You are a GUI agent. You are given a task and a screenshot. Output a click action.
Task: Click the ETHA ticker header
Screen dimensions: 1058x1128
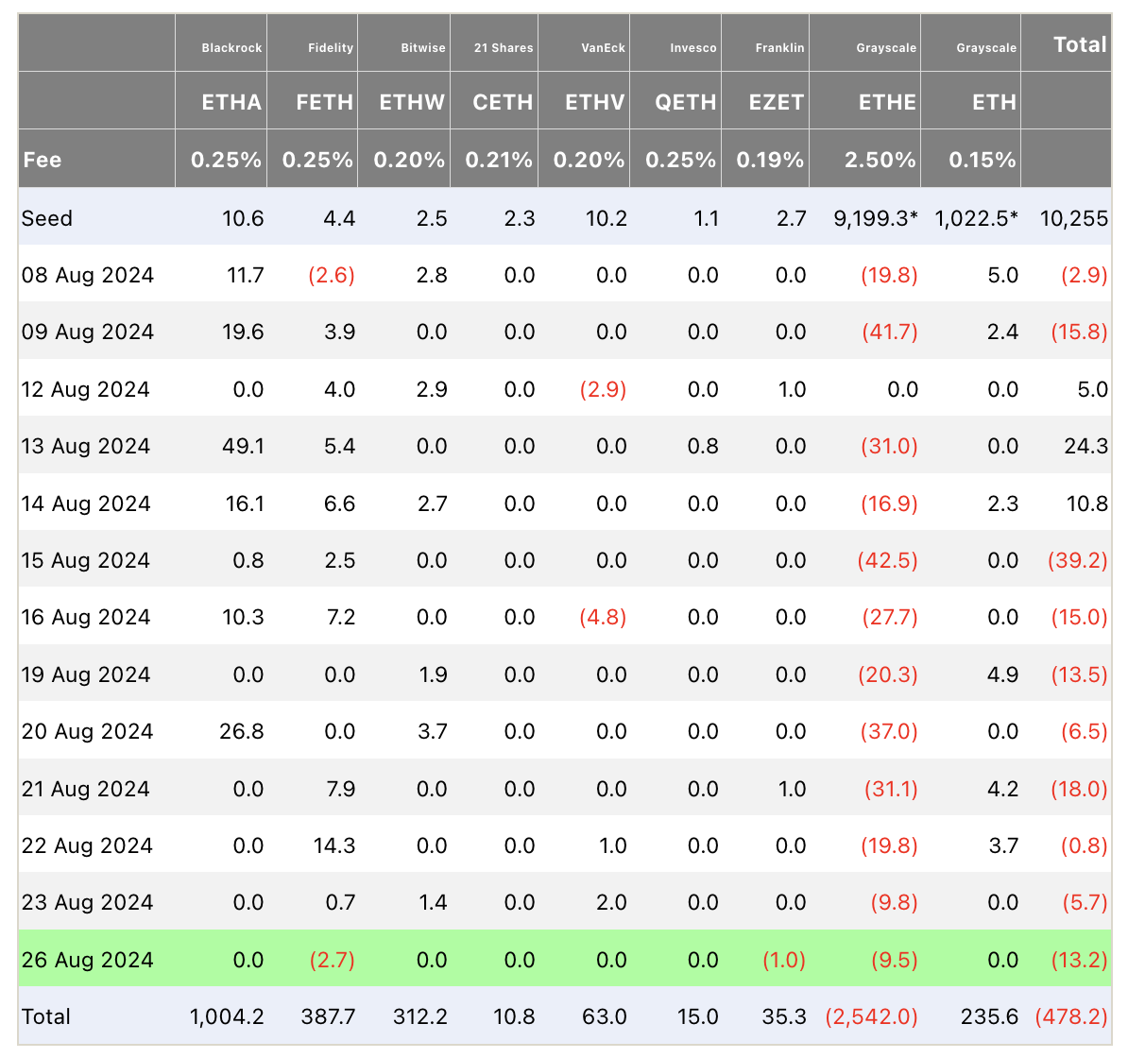click(x=231, y=102)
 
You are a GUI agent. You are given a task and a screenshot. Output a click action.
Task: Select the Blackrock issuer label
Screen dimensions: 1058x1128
click(x=231, y=48)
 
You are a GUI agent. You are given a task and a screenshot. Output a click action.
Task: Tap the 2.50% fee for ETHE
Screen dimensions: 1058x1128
click(x=880, y=160)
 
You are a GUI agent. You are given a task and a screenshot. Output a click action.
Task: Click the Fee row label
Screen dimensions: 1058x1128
click(x=43, y=160)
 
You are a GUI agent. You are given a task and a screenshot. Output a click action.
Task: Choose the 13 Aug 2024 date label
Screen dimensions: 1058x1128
click(x=86, y=446)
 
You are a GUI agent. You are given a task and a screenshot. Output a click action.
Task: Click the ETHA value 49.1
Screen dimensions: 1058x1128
click(x=243, y=446)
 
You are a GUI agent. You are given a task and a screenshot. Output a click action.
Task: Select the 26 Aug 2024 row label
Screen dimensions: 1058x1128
click(x=87, y=960)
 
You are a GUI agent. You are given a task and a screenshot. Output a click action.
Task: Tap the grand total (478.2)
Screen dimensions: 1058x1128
click(x=1071, y=1016)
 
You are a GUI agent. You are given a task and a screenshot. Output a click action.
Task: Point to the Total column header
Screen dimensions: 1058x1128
click(x=1080, y=44)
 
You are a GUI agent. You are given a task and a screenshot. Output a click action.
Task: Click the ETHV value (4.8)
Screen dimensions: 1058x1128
click(x=603, y=617)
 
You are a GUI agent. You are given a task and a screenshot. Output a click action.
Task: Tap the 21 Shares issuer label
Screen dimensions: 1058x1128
click(x=504, y=48)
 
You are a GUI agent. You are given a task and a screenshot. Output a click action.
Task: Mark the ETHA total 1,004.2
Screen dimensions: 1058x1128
click(x=227, y=1016)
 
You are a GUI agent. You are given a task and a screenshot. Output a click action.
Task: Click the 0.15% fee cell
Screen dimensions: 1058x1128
click(x=983, y=160)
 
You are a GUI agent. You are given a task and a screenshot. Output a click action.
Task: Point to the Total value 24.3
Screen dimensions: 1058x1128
click(x=1085, y=446)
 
